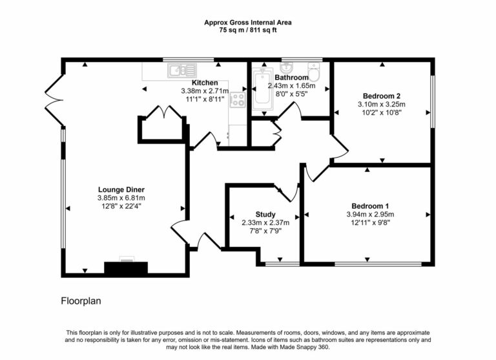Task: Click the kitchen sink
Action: pyautogui.click(x=178, y=70)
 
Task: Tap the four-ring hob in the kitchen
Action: pyautogui.click(x=237, y=100)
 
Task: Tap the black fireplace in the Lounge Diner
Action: pyautogui.click(x=127, y=267)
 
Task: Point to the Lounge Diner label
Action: pyautogui.click(x=121, y=189)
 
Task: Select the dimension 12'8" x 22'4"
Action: pyautogui.click(x=121, y=206)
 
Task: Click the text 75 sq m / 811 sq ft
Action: pyautogui.click(x=247, y=30)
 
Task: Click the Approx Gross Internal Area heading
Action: pyautogui.click(x=247, y=22)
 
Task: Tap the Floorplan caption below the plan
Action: pyautogui.click(x=81, y=301)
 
